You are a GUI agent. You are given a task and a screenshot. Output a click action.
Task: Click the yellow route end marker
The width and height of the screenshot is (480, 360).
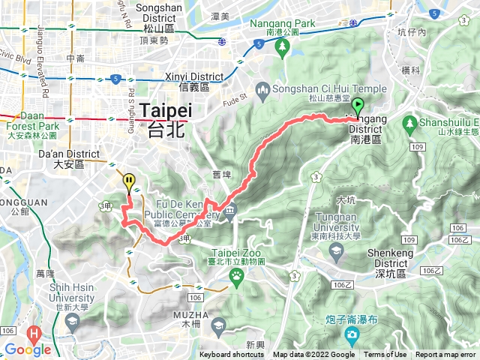130,181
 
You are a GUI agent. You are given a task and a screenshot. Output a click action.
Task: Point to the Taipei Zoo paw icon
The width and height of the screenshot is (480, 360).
238,276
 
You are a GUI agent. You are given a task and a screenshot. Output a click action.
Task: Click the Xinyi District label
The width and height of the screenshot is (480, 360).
194,81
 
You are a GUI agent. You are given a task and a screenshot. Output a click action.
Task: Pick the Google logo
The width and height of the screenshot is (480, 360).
28,349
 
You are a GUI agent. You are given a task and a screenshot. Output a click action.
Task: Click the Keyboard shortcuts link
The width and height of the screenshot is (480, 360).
231,355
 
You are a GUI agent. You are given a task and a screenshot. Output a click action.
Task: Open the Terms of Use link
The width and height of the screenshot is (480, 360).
385,355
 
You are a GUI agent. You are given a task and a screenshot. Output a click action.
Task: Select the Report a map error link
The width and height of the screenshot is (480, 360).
445,355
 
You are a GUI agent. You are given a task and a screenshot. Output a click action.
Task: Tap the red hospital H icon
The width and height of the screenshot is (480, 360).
33,332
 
